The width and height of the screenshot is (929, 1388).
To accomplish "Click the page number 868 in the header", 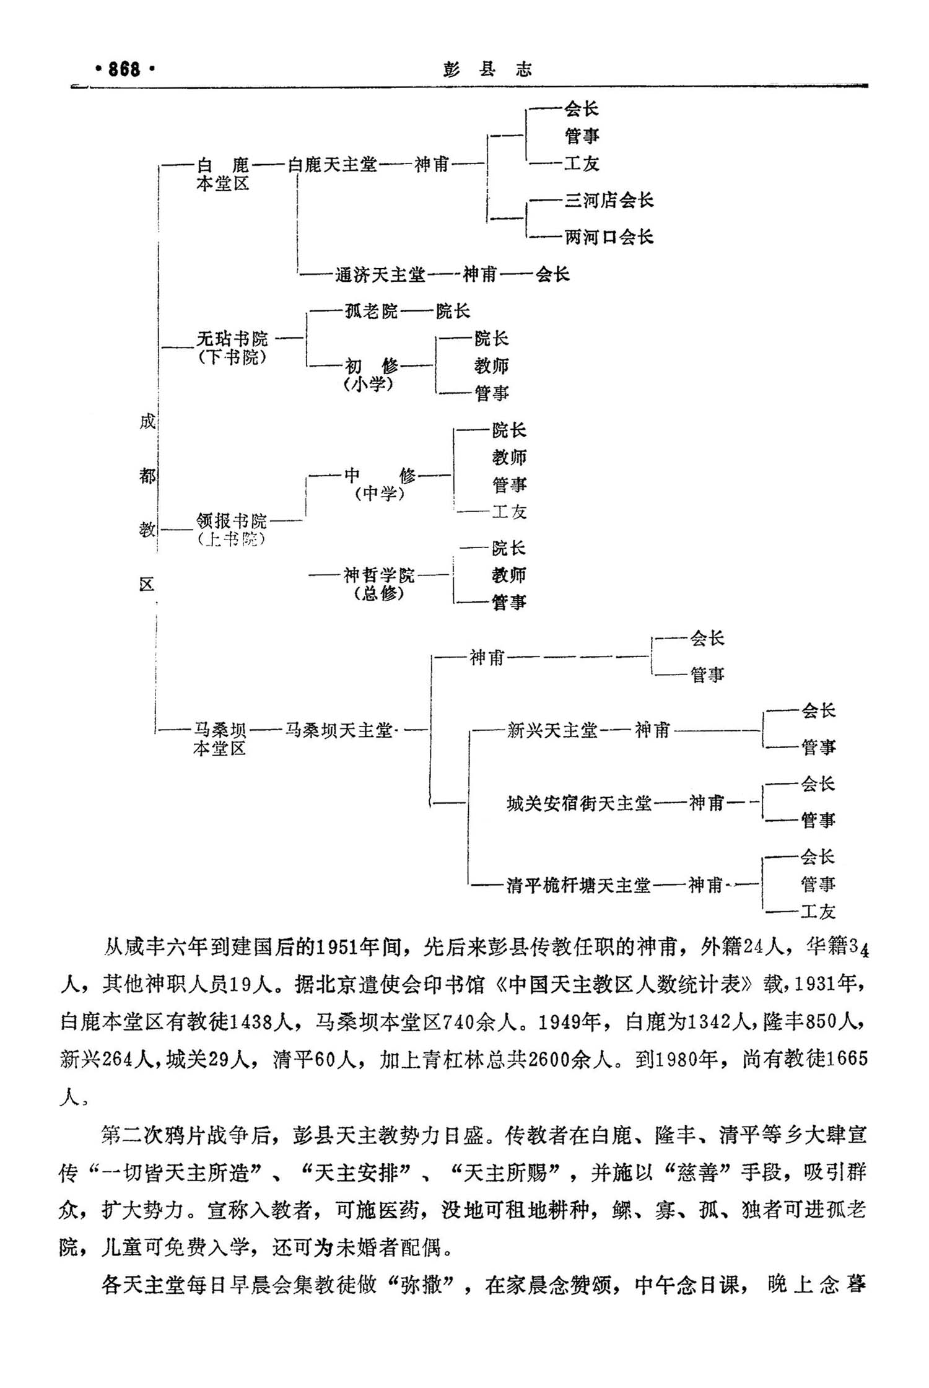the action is pyautogui.click(x=124, y=69).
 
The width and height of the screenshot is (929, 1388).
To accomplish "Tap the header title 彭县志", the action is pyautogui.click(x=487, y=69).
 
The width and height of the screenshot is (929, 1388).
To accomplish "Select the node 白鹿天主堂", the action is pyautogui.click(x=333, y=165).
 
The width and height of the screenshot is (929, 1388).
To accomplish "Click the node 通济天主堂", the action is pyautogui.click(x=380, y=274).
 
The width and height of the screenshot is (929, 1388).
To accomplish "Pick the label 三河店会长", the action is pyautogui.click(x=609, y=200).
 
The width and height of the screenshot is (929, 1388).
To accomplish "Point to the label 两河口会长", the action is pyautogui.click(x=609, y=237).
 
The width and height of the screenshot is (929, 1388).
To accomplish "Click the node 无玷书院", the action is pyautogui.click(x=232, y=338).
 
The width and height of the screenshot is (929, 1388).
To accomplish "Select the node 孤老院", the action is pyautogui.click(x=371, y=311).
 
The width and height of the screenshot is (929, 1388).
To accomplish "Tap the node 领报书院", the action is pyautogui.click(x=232, y=520).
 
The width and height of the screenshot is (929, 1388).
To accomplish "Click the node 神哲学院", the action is pyautogui.click(x=379, y=575).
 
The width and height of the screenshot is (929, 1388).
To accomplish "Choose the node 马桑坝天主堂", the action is pyautogui.click(x=339, y=730).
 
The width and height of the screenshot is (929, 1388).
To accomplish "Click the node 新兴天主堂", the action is pyautogui.click(x=552, y=730).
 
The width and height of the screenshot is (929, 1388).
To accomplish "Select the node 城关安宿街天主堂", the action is pyautogui.click(x=579, y=803).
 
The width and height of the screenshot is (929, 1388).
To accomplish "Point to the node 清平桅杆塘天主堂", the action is pyautogui.click(x=578, y=886).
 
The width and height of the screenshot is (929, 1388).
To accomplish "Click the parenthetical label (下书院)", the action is pyautogui.click(x=232, y=357).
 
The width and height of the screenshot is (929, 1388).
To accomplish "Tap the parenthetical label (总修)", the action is pyautogui.click(x=379, y=593).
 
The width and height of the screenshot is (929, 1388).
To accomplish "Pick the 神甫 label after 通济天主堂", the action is pyautogui.click(x=480, y=274).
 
